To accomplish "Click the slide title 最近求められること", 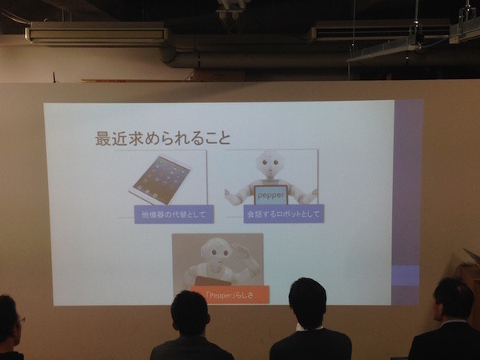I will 163,138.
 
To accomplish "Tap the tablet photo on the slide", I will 160,179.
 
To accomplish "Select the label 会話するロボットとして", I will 273,214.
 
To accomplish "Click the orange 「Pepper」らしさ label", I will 230,294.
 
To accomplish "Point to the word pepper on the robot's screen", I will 270,194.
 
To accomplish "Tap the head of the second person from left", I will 190,313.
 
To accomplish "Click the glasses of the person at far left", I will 19,319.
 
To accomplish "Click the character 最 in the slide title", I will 103,138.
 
